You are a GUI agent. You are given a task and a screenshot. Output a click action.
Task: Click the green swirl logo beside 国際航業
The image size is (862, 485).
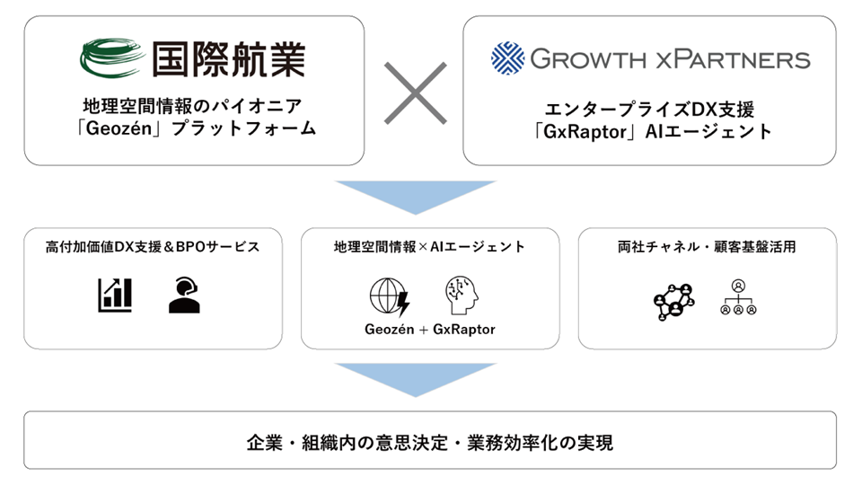112,57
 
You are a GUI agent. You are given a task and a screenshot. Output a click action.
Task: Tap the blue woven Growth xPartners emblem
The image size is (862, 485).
507,57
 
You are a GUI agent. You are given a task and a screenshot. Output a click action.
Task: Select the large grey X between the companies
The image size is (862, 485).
415,93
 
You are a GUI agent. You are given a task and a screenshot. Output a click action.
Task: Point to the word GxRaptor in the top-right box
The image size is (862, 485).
585,132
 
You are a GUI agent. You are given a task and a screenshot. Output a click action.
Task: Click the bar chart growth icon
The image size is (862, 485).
115,295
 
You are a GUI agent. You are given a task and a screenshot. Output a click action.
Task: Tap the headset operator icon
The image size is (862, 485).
184,295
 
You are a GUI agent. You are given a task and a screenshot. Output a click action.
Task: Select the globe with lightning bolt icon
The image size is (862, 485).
390,297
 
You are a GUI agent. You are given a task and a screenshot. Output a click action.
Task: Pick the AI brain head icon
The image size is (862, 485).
462,295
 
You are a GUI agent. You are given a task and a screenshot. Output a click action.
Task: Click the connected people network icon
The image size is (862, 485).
674,302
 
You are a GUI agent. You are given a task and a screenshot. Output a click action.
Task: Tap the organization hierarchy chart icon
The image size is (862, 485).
738,297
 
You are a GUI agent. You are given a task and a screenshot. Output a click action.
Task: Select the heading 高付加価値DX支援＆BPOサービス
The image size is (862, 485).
153,247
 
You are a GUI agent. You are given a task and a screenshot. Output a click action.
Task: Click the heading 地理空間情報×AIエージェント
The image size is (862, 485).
429,247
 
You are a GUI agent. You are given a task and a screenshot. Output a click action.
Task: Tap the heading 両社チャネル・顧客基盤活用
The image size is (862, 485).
707,247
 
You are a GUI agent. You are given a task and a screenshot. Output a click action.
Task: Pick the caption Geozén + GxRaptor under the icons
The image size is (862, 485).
430,330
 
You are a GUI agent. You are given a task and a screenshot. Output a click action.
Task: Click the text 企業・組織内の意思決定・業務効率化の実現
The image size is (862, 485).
430,443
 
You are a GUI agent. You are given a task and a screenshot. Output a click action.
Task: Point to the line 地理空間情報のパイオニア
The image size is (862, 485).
193,106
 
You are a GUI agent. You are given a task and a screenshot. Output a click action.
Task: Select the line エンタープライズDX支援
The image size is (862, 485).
649,110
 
